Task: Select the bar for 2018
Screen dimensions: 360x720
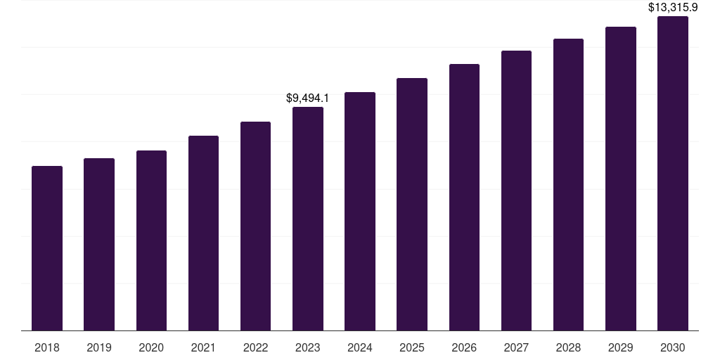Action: pyautogui.click(x=47, y=248)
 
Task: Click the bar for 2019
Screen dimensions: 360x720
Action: pyautogui.click(x=99, y=244)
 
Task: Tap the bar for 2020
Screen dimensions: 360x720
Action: pyautogui.click(x=151, y=240)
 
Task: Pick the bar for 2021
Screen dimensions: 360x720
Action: pyautogui.click(x=203, y=233)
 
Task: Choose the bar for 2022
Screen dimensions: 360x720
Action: pyautogui.click(x=255, y=226)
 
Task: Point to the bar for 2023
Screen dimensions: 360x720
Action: pyautogui.click(x=308, y=219)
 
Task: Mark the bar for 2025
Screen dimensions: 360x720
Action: pyautogui.click(x=412, y=204)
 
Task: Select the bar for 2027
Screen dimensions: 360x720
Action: pyautogui.click(x=516, y=191)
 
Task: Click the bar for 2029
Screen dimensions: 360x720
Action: pyautogui.click(x=621, y=179)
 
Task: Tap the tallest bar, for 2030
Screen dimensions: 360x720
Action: pyautogui.click(x=673, y=173)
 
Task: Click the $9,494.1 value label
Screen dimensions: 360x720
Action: pyautogui.click(x=308, y=98)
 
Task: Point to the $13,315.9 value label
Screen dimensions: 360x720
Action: pyautogui.click(x=673, y=8)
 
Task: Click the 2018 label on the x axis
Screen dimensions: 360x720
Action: pyautogui.click(x=47, y=347)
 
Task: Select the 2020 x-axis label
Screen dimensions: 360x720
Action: pyautogui.click(x=151, y=347)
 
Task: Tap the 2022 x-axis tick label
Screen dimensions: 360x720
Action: pyautogui.click(x=255, y=347)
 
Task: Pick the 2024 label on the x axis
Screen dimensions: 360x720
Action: pyautogui.click(x=360, y=347)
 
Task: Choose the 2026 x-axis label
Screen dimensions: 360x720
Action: pyautogui.click(x=464, y=347)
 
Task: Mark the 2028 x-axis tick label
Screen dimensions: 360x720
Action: pyautogui.click(x=568, y=347)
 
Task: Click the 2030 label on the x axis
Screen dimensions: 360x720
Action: pyautogui.click(x=673, y=347)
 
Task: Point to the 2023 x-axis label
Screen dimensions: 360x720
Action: pyautogui.click(x=308, y=347)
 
